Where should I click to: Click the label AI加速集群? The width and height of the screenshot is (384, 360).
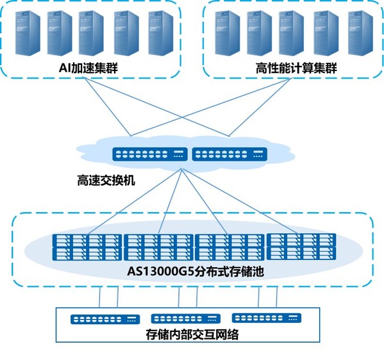[88, 68]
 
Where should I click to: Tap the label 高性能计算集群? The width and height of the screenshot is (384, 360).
[296, 68]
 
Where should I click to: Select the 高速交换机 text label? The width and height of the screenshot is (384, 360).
[106, 181]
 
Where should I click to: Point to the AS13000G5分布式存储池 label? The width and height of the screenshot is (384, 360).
[196, 272]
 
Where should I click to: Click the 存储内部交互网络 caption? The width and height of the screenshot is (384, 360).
[192, 334]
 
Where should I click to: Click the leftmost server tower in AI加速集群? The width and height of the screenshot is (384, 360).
[28, 33]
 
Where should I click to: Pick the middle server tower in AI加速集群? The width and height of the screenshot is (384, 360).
[91, 33]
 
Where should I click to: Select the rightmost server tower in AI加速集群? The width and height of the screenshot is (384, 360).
[161, 33]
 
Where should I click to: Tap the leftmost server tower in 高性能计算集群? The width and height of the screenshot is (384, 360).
[228, 33]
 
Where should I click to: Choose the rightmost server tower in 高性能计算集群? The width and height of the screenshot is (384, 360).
[360, 33]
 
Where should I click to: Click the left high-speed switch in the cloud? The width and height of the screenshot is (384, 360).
[150, 154]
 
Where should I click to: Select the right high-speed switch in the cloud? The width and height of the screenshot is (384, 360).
[230, 154]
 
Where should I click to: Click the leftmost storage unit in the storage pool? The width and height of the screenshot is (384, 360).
[87, 247]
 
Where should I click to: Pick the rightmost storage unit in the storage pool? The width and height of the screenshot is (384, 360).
[301, 247]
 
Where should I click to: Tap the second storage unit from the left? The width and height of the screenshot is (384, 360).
[158, 247]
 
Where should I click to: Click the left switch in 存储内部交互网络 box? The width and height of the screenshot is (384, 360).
[105, 320]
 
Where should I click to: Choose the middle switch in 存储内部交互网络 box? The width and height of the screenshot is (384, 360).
[186, 318]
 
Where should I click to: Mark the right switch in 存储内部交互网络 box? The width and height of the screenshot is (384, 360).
[267, 318]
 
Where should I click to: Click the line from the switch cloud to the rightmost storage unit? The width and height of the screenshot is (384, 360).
[240, 201]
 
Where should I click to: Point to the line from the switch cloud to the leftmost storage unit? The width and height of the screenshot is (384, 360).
[134, 202]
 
